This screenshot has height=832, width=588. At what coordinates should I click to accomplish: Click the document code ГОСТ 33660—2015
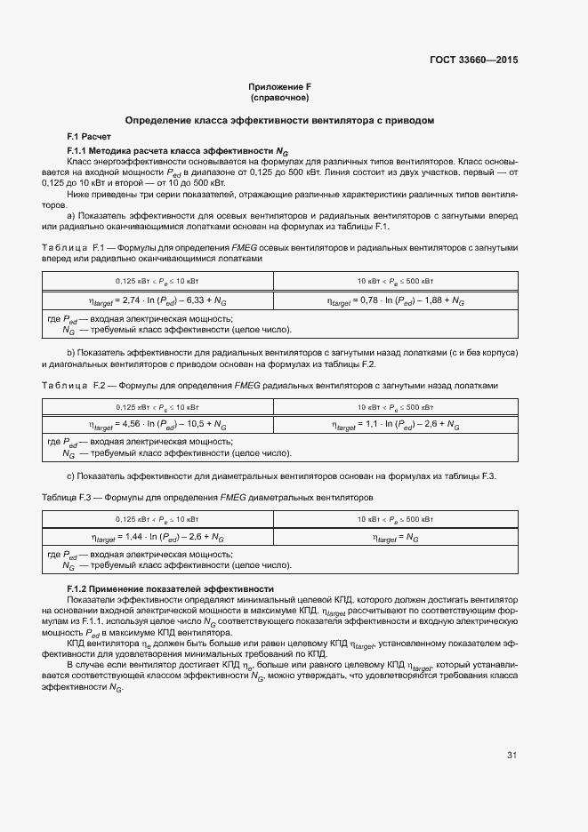(473, 60)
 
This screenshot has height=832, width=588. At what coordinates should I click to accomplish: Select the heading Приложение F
(279, 87)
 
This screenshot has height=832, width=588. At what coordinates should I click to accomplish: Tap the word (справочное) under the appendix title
(279, 97)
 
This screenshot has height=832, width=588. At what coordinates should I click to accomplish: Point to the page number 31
(511, 756)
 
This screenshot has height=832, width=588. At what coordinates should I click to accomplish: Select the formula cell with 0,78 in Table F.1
(396, 302)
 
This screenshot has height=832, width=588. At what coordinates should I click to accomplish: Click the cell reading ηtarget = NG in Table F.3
(396, 538)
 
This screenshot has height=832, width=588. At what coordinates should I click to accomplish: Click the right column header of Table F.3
(396, 518)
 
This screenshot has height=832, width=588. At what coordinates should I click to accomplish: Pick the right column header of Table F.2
(396, 406)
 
